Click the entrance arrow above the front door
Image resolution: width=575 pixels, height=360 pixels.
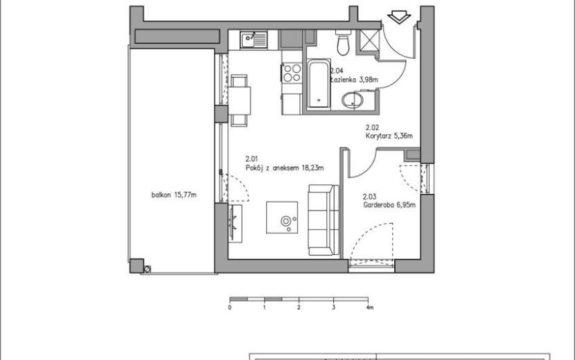(x=399, y=17)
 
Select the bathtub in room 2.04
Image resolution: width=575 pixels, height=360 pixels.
(x=318, y=84)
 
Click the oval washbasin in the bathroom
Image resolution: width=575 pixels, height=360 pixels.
(x=353, y=100)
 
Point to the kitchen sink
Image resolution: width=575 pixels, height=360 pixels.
(x=254, y=39)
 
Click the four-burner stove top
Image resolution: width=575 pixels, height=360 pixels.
(x=292, y=73)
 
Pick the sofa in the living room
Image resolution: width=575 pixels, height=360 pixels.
(x=324, y=219)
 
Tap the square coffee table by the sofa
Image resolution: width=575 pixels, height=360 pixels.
(x=282, y=217)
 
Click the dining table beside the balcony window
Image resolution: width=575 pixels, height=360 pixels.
(x=240, y=100)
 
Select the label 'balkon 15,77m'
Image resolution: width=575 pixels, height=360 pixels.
(x=174, y=195)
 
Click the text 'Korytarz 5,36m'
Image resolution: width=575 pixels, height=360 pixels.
(x=389, y=136)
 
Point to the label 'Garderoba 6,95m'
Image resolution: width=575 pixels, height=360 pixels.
(x=389, y=205)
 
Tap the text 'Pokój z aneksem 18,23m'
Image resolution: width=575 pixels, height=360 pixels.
(x=285, y=168)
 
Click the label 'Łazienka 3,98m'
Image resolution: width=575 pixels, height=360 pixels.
(x=354, y=80)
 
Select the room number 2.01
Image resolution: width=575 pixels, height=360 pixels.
(x=251, y=159)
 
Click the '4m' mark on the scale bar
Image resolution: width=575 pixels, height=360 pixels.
(x=370, y=307)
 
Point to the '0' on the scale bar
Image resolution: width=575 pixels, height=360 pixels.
(x=230, y=307)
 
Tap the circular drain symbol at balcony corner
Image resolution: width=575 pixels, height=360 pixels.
(x=148, y=269)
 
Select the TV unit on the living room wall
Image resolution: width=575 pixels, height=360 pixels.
(x=235, y=223)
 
